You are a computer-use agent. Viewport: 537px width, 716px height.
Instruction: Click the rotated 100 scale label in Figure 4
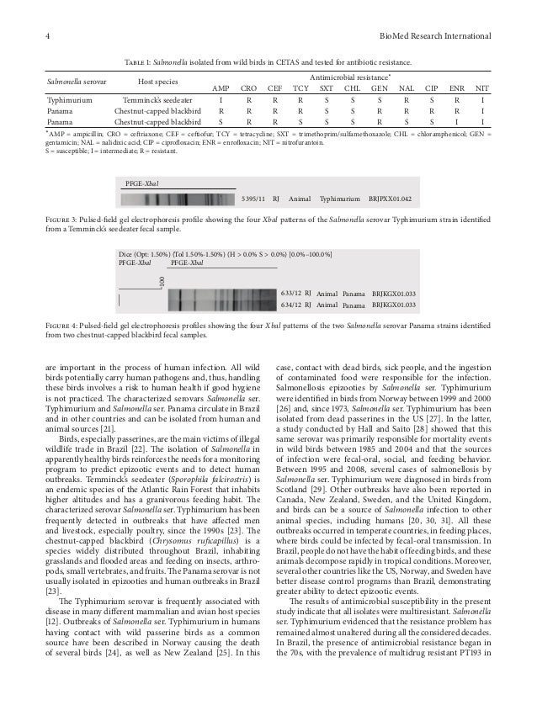[162, 279]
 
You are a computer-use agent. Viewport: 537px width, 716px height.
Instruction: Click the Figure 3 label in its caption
[63, 219]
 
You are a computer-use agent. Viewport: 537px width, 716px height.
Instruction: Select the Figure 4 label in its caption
[63, 324]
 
